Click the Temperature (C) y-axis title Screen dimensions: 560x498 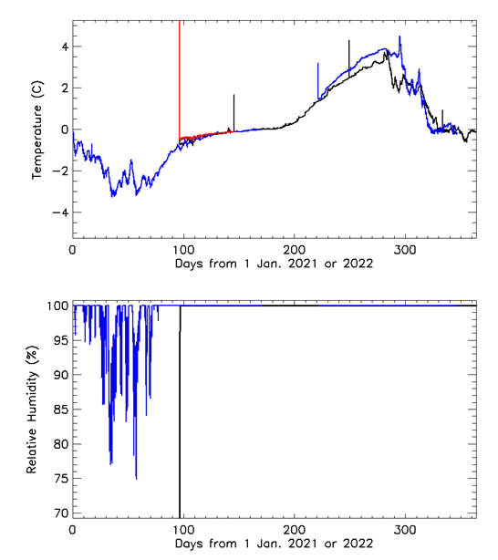pos(38,130)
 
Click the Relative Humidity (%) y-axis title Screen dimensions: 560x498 pos(31,411)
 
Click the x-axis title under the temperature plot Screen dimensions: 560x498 pos(273,264)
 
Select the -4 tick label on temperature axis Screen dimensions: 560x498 pos(61,213)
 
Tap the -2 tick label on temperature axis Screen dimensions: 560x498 pos(61,171)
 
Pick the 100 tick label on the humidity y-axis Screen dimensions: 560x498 pos(57,306)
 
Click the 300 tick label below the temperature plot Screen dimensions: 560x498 pos(405,249)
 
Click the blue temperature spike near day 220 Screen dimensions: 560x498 pos(317,78)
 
